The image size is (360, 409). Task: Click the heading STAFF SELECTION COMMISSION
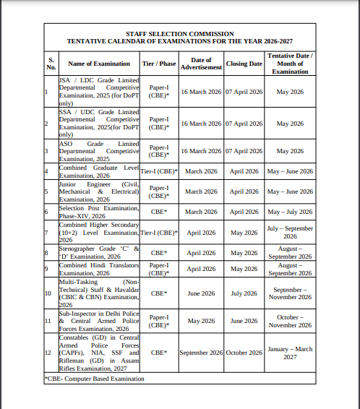179,34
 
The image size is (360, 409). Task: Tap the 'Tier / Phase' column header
159,64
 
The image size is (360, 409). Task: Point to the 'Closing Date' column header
244,64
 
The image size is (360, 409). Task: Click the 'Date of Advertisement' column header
201,64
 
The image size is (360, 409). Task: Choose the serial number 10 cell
48,294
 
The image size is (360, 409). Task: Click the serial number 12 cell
48,352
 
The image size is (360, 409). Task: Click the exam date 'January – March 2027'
290,352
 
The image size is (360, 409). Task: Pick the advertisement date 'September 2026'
201,352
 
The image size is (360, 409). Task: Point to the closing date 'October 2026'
244,352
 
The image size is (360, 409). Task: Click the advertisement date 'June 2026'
201,294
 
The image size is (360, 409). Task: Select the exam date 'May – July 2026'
290,212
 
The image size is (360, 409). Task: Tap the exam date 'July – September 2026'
290,233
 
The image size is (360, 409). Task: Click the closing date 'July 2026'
244,294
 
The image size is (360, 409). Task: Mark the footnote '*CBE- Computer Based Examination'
94,378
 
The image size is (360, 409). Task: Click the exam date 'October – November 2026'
290,321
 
